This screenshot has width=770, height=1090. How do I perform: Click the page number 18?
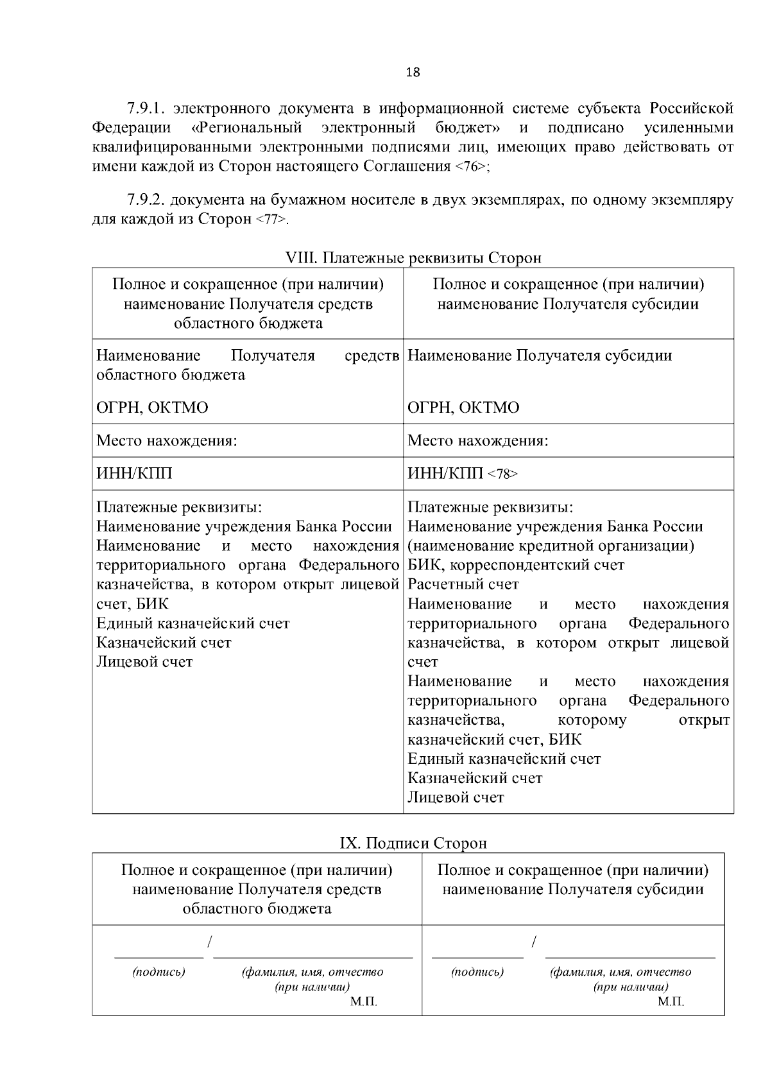413,72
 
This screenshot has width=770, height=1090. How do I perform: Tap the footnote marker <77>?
271,220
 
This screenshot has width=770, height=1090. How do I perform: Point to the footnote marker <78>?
502,474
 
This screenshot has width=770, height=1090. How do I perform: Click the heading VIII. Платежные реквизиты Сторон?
413,258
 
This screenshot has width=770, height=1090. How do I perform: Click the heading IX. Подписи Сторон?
413,843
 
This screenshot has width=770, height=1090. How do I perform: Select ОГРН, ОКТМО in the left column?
152,408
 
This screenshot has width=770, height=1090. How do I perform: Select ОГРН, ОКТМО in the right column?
463,408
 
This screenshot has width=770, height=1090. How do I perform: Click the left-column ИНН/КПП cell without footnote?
134,474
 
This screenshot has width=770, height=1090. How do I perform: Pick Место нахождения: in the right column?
477,441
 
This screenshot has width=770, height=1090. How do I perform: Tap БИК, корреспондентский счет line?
516,566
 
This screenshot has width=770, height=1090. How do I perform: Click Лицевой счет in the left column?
144,662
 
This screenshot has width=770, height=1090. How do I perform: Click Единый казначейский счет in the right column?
504,759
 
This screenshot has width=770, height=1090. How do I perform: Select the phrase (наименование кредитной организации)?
551,546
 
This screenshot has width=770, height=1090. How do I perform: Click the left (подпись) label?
158,972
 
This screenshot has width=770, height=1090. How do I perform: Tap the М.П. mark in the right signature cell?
671,1001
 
